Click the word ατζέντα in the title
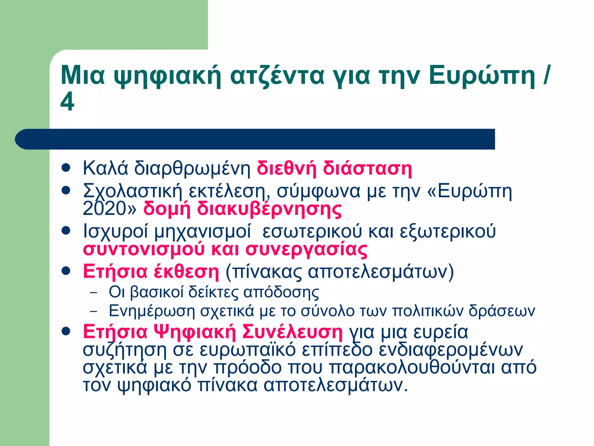[x=277, y=75]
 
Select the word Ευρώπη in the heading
[x=482, y=75]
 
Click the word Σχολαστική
[x=133, y=191]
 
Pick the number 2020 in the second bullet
[x=106, y=208]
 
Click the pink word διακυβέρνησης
[x=269, y=209]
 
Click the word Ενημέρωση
[x=152, y=311]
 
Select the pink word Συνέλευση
[x=292, y=332]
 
